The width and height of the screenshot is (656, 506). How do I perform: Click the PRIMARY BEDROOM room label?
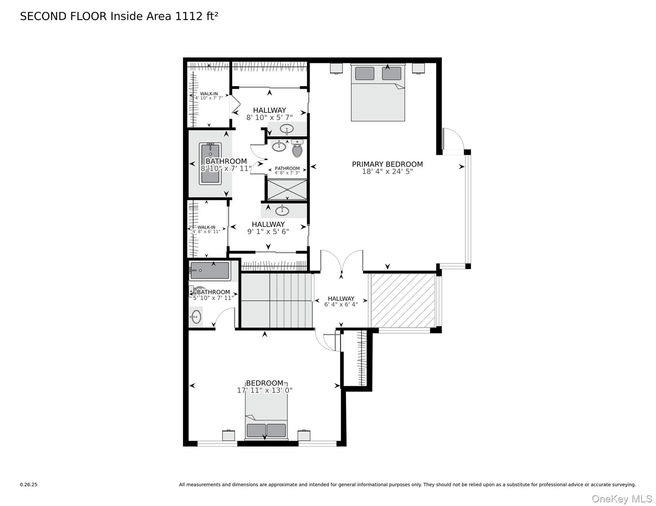pos(387,164)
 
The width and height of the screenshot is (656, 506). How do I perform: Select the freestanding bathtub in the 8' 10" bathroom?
pos(210,163)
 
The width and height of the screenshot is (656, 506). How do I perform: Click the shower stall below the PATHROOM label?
pos(287,190)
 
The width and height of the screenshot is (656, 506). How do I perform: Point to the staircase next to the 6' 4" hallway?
pos(277,301)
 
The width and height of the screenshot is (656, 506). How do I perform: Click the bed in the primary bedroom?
pos(378,92)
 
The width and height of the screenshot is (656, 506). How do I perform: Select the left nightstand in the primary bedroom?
pos(336,68)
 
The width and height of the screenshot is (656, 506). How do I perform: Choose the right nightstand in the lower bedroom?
pos(304,435)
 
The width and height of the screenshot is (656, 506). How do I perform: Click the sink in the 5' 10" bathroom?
pos(196,317)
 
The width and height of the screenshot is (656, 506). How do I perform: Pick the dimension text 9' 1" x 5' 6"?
pos(268,232)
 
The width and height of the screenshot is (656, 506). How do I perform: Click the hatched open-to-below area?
pos(403,301)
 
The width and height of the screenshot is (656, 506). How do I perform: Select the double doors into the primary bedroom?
pos(342,262)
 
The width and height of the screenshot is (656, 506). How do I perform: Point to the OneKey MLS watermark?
pos(622,499)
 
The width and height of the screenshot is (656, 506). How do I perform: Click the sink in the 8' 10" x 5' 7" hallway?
pos(287,129)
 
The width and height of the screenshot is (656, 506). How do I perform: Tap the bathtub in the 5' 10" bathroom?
pos(209,271)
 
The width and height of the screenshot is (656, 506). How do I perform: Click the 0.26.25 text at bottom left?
pos(29,485)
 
